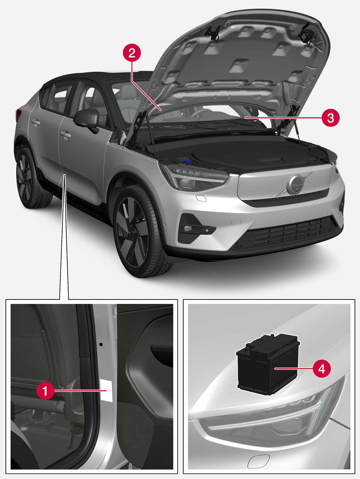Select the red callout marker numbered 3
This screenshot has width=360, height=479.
tap(330, 118)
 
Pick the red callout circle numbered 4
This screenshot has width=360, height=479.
tap(322, 369)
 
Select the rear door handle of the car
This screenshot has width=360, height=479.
tap(35, 122)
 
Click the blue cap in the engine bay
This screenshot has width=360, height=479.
tap(187, 160)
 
